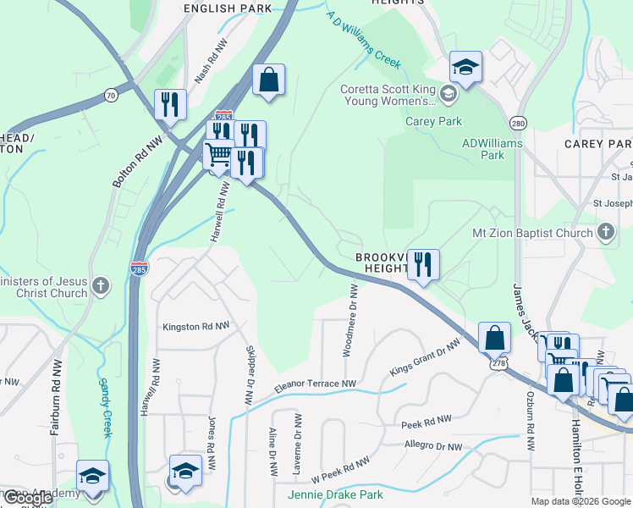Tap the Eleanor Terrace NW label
click(x=315, y=384)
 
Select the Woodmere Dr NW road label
click(x=350, y=321)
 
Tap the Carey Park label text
click(x=433, y=121)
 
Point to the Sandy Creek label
click(x=107, y=406)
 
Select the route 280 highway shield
click(x=519, y=124)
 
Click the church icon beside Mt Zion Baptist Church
click(x=606, y=232)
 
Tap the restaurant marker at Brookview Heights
click(x=423, y=263)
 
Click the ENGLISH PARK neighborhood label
click(x=221, y=9)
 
